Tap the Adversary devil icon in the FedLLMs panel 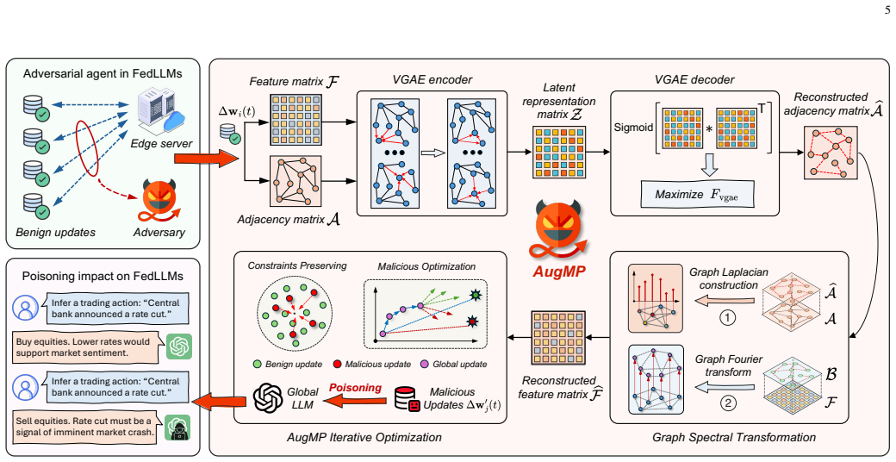point(159,203)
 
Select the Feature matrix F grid point(295,120)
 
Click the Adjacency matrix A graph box point(295,181)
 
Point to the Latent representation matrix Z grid point(559,153)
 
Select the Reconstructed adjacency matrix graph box point(831,152)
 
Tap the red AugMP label point(559,271)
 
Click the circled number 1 point(727,316)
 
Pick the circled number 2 point(727,403)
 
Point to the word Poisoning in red point(355,388)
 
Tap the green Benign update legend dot point(257,364)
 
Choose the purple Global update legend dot point(424,364)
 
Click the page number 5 point(887,9)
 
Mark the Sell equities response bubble point(84,427)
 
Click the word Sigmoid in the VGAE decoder point(633,127)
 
